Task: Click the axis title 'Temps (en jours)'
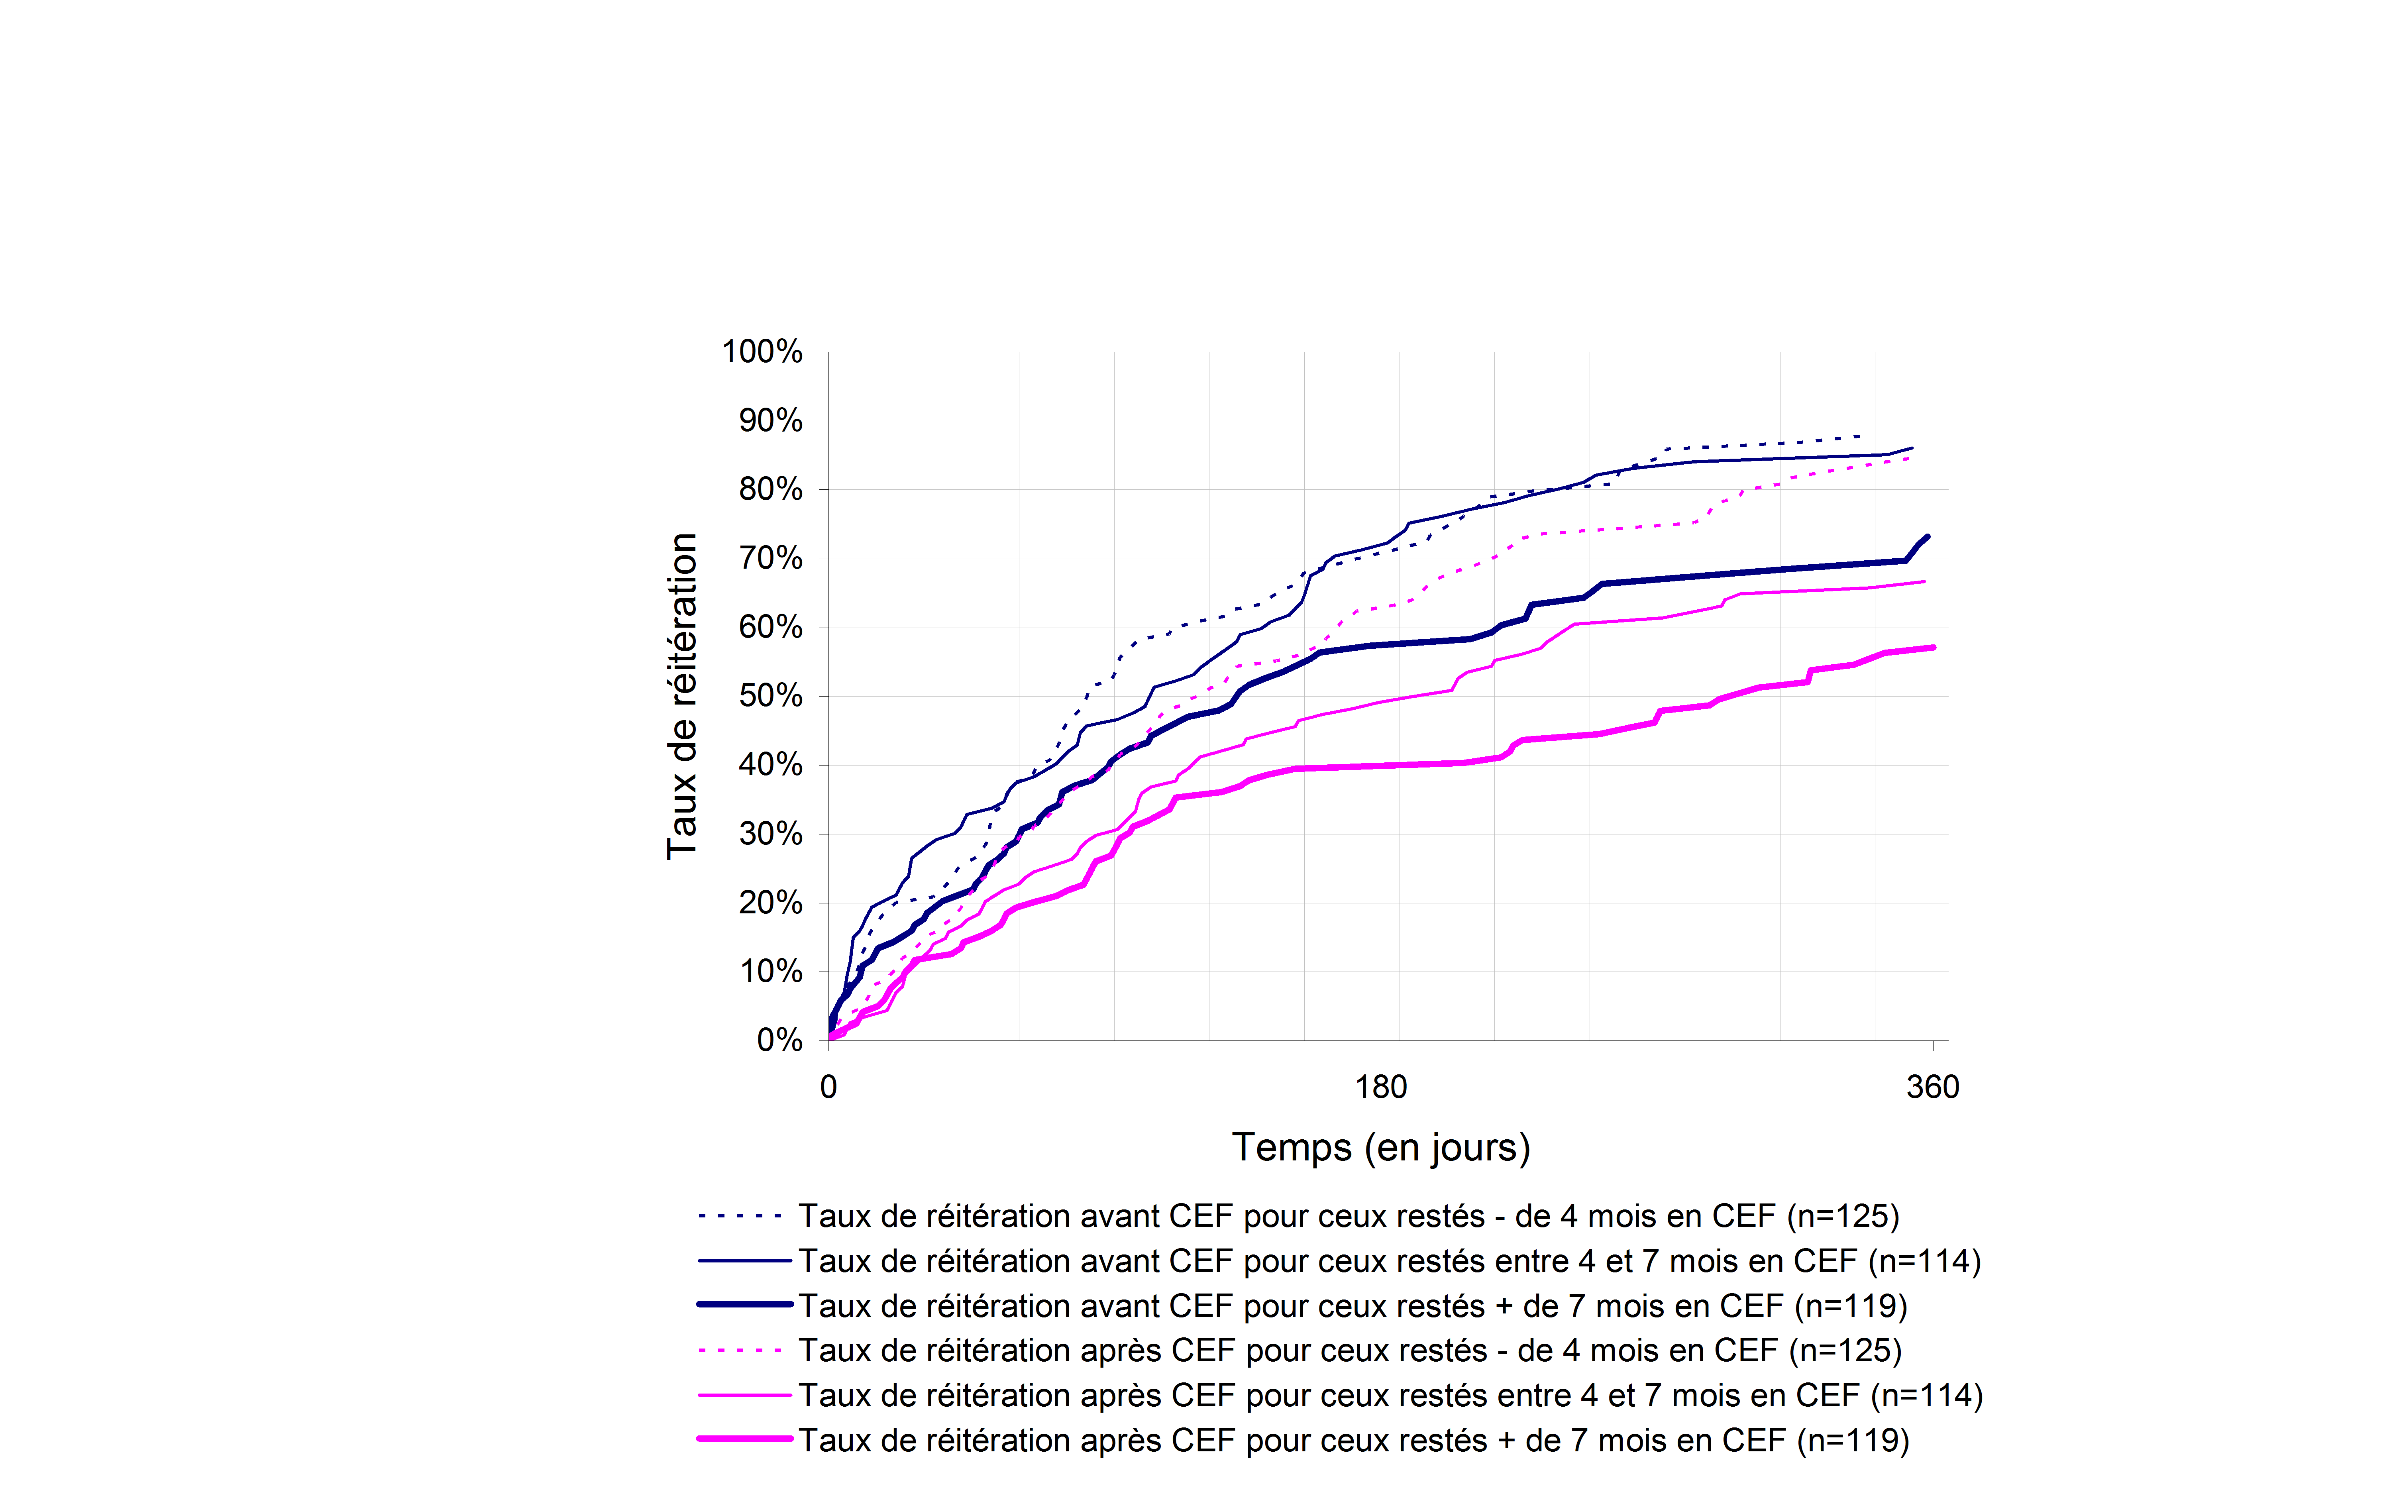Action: pyautogui.click(x=1381, y=1147)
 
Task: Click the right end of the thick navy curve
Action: pyautogui.click(x=1927, y=537)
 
